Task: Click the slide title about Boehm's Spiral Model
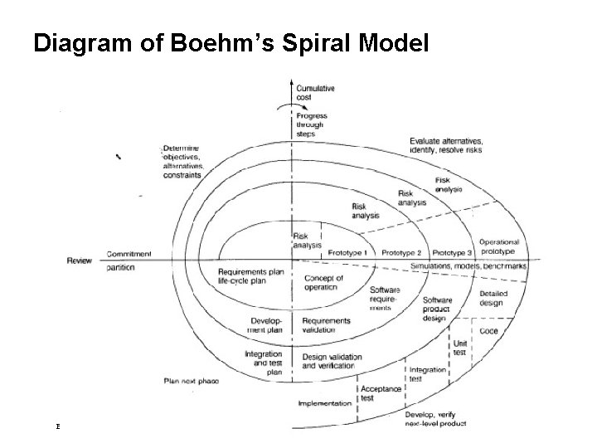tap(231, 43)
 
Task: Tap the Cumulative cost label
tap(317, 92)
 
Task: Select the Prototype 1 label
tap(347, 252)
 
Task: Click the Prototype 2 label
tap(402, 252)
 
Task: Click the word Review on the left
tap(80, 261)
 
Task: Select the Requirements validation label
tap(326, 325)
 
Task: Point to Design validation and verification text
tap(332, 362)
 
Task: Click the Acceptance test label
tap(381, 393)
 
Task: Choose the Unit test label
tap(460, 347)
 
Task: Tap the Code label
tap(489, 331)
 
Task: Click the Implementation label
tap(326, 404)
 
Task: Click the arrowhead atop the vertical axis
tap(291, 82)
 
